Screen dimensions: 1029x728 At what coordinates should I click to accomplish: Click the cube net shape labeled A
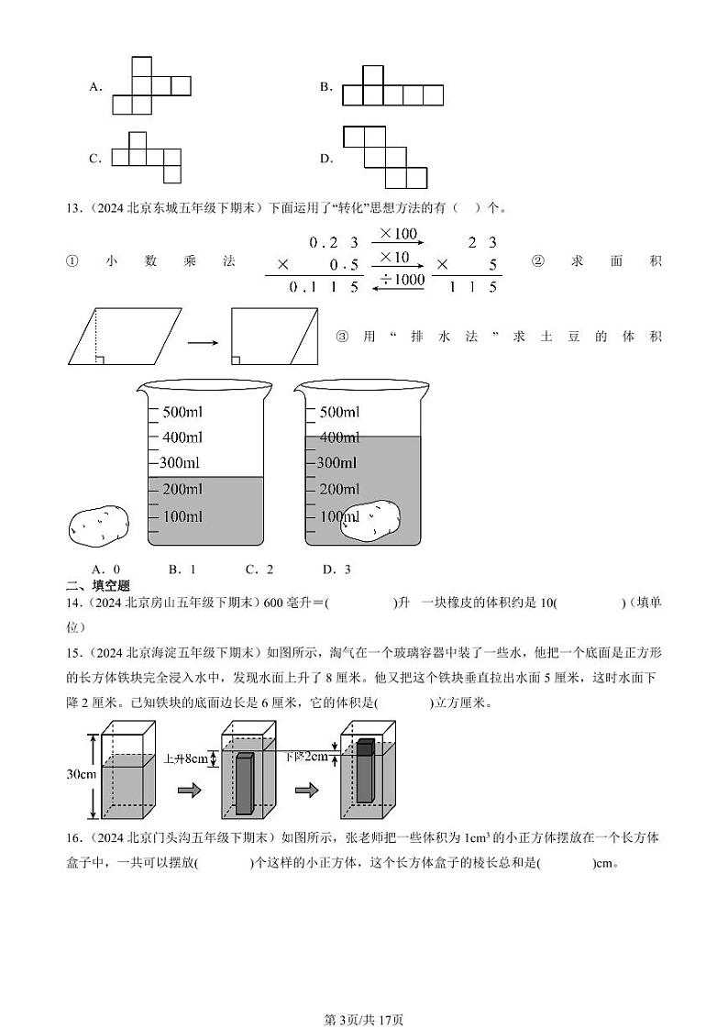point(150,86)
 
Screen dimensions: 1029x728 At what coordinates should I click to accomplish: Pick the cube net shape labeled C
point(147,158)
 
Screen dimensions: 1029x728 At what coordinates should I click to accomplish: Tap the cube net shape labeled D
point(385,158)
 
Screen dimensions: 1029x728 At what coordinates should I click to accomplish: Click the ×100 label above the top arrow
point(398,234)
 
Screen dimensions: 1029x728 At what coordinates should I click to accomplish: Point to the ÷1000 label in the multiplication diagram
point(399,280)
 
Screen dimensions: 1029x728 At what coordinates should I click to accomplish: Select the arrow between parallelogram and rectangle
point(203,343)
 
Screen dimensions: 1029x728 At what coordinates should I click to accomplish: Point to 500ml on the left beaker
point(182,412)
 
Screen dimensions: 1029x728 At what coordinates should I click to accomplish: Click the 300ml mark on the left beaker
point(179,463)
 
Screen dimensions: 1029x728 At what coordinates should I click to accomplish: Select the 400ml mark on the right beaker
point(338,437)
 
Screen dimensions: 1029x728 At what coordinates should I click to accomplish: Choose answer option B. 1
point(182,570)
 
